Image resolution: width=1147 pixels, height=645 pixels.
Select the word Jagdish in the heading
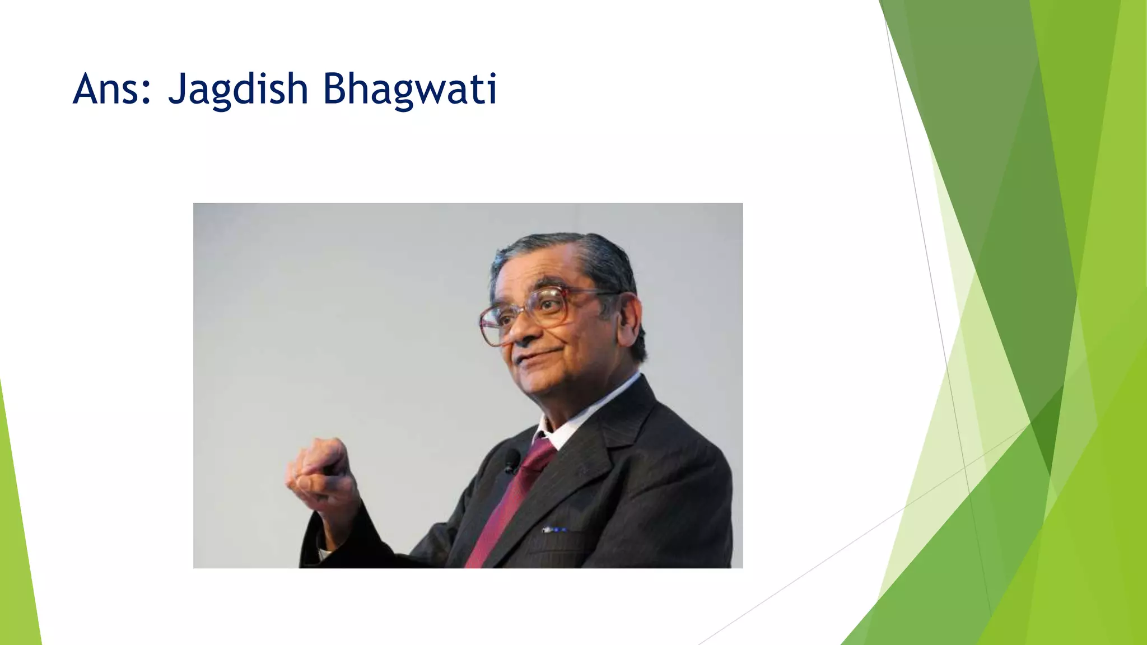coord(238,90)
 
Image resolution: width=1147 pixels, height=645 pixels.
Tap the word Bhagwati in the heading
coord(410,90)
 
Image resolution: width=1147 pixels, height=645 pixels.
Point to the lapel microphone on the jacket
coord(511,461)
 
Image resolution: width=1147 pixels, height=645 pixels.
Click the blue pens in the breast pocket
coord(554,529)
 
